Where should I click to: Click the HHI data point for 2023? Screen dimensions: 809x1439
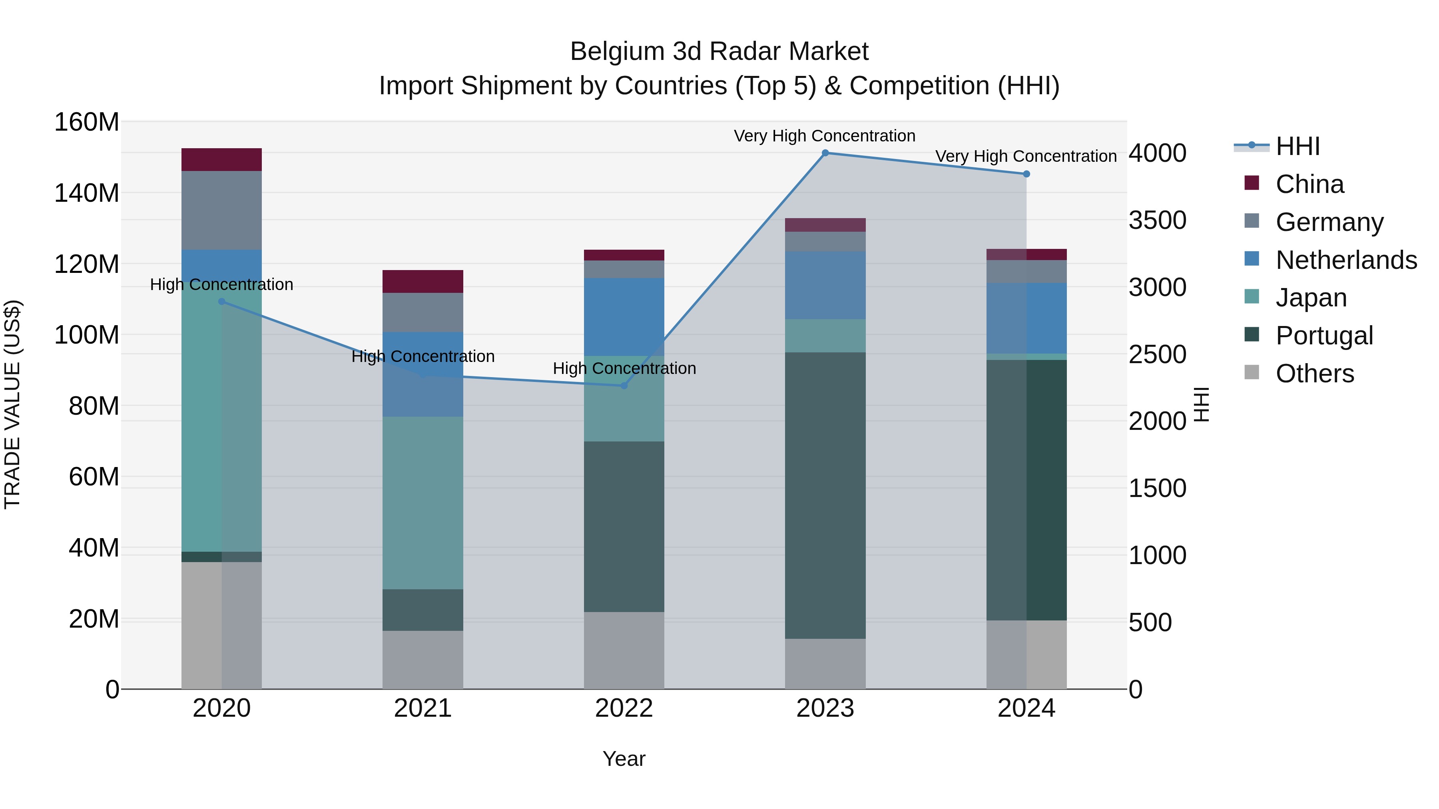(x=825, y=153)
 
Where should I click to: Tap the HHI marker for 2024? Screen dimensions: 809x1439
(x=1026, y=174)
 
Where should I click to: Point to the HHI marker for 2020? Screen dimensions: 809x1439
(x=222, y=302)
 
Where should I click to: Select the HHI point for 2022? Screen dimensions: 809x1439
(x=624, y=386)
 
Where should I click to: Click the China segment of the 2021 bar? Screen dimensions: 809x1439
(x=423, y=281)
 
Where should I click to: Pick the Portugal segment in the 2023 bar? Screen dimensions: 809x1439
(x=825, y=495)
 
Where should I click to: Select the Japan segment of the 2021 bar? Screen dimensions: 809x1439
(x=423, y=503)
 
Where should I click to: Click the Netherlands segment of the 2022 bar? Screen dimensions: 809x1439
(x=624, y=316)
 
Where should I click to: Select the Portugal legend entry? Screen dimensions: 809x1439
(x=1323, y=336)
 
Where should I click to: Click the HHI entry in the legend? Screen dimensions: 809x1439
(x=1297, y=146)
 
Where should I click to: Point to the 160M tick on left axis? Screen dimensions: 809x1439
(x=87, y=122)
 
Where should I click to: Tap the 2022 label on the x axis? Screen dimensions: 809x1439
(x=624, y=708)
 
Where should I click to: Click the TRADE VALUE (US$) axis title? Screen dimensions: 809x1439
(x=12, y=404)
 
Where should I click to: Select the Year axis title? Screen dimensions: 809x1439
(x=624, y=759)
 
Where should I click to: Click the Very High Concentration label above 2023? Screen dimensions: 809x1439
(x=825, y=136)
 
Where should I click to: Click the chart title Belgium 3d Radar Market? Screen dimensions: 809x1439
(x=719, y=52)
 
